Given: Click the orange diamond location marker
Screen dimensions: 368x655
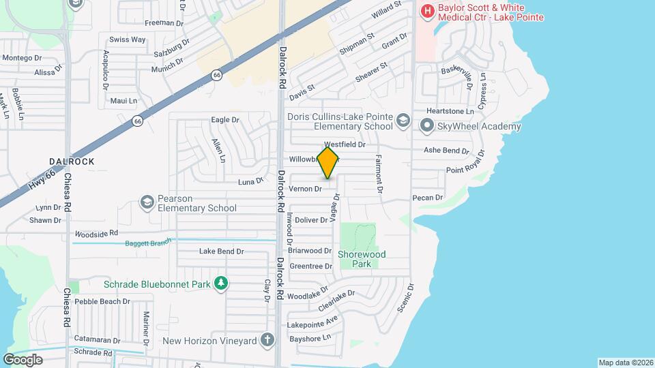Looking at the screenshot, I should (328, 163).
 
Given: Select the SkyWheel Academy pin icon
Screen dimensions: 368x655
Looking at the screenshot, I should (427, 125).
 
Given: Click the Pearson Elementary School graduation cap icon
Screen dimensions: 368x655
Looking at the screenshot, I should (147, 202).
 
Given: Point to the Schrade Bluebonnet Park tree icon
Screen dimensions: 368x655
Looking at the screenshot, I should (220, 283).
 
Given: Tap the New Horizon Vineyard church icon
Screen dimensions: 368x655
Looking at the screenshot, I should (267, 339).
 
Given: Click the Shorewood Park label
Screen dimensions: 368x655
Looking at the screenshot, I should (362, 259).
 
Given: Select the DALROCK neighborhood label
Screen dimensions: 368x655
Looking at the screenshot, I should (72, 162).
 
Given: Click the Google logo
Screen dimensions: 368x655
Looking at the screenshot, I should (23, 359).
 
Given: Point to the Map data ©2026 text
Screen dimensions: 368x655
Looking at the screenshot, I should (626, 363).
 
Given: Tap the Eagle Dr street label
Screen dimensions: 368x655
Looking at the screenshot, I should (225, 120).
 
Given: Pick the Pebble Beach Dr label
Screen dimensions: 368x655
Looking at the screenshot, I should (102, 301).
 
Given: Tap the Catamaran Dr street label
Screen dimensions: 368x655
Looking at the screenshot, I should (97, 339).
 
